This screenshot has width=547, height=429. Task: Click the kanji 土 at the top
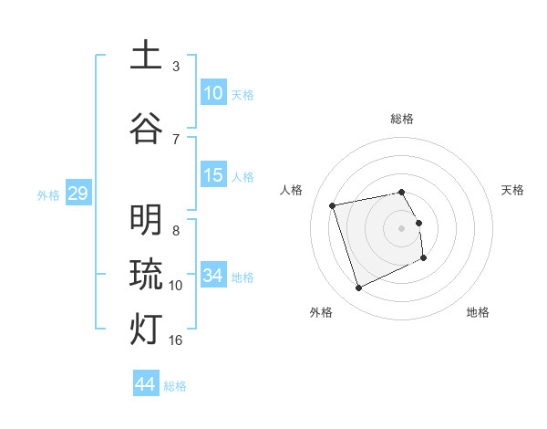[x=146, y=55]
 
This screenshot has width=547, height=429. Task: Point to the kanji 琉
[x=146, y=274]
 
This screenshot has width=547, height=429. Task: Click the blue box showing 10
[x=213, y=93]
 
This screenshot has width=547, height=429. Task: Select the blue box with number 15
[x=213, y=176]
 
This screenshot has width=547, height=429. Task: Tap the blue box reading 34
[x=213, y=276]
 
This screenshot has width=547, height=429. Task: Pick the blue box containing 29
[x=77, y=194]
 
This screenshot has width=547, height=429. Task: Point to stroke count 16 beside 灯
[x=177, y=340]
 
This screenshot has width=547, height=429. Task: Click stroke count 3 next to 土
[x=176, y=67]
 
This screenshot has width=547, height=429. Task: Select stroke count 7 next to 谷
[x=176, y=139]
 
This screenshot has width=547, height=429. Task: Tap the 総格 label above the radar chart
[x=402, y=119]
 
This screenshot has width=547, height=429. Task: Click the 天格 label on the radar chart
[x=513, y=190]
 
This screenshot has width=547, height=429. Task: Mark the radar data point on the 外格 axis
[x=358, y=288]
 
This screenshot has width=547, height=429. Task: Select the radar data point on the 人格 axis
[x=333, y=204]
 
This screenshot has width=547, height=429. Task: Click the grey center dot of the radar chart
[x=402, y=227]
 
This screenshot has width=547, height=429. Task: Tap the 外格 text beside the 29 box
[x=48, y=195]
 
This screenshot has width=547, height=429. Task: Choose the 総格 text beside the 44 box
[x=175, y=386]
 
